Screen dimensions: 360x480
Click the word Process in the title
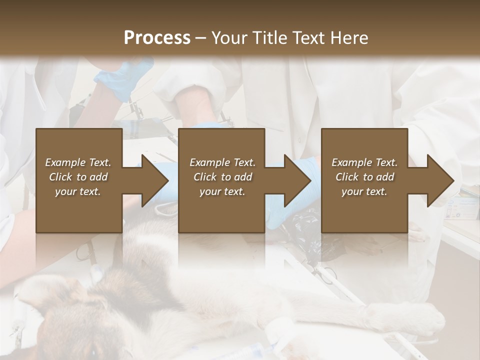(157, 38)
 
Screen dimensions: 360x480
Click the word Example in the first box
(65, 162)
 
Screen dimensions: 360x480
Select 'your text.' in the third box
(364, 191)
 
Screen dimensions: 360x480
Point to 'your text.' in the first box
(78, 191)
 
